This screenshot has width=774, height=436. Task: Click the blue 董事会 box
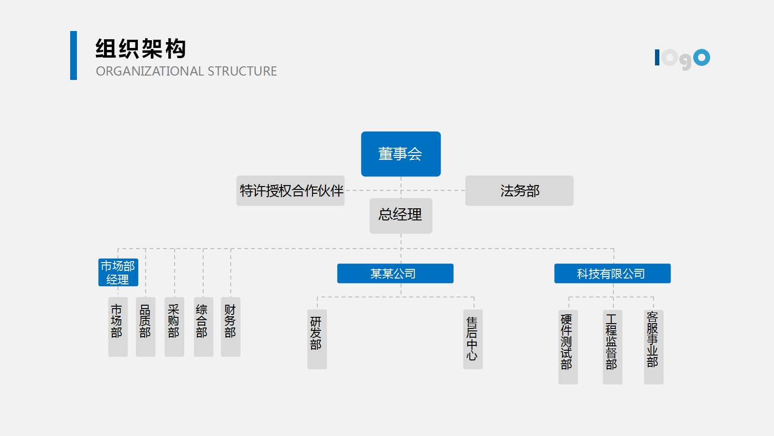pos(401,154)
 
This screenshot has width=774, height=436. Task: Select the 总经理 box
pos(401,215)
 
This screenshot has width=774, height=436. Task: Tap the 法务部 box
pos(519,190)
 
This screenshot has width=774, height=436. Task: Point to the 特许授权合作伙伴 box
pos(290,190)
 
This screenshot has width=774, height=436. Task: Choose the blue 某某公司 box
pos(395,273)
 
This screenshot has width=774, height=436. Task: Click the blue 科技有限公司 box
pos(612,273)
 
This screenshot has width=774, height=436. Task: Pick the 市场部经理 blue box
pos(118,272)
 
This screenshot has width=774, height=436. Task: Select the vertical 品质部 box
pos(145,327)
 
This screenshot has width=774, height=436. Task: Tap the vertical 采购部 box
pos(174,327)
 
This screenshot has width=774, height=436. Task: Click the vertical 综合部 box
pos(203,327)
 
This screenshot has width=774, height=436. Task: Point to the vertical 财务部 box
pos(230,327)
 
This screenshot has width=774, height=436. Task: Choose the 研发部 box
pos(317,339)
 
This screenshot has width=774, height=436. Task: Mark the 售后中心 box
pos(473,339)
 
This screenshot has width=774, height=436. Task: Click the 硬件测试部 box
pos(568,346)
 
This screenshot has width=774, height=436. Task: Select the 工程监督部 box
pos(612,346)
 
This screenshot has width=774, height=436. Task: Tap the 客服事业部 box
pos(653,346)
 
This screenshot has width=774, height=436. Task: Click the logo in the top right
pos(682,59)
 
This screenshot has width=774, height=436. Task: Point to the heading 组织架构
pos(141,49)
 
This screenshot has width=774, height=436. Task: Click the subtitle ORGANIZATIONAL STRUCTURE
pos(186,71)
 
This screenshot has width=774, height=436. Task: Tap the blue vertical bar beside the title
pos(74,55)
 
